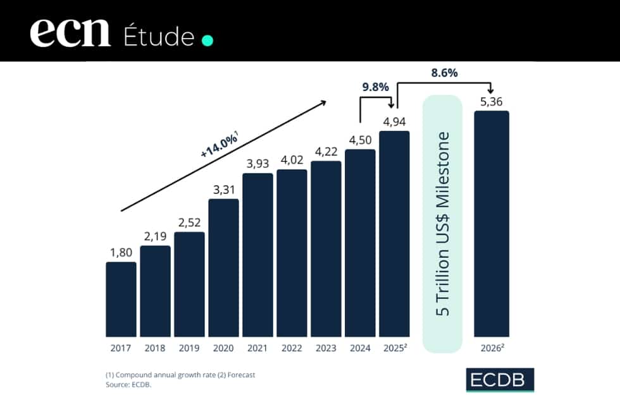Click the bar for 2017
121,299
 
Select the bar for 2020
223,268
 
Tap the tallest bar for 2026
492,224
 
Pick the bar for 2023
326,249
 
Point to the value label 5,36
492,101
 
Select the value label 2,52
189,223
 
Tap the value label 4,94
394,122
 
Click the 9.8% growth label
375,87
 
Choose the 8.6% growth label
444,73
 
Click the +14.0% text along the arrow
220,145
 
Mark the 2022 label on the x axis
292,347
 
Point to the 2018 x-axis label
155,347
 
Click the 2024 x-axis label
360,347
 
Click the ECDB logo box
499,380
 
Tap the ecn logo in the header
70,33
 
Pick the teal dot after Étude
207,41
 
